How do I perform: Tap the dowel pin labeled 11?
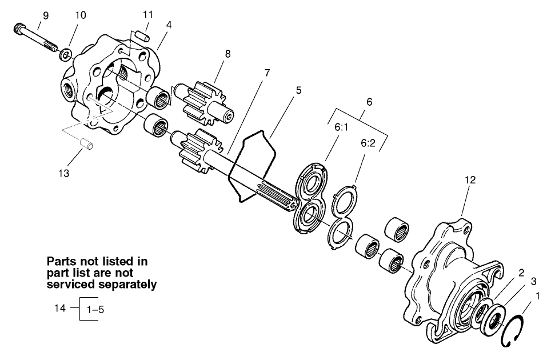(146, 36)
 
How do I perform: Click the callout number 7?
(267, 73)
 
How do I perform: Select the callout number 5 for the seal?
(298, 90)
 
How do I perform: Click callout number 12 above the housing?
(470, 181)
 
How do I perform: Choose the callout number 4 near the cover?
(169, 26)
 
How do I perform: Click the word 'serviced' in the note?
(69, 284)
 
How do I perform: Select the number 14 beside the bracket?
(60, 308)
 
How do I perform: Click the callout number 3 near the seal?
(533, 281)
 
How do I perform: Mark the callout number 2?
(521, 273)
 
